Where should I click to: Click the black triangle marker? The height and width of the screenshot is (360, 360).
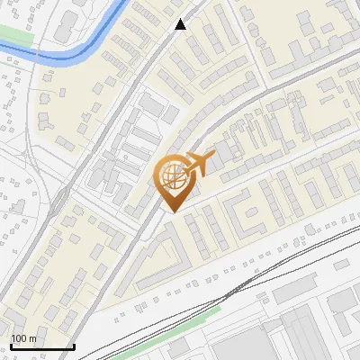[181, 24]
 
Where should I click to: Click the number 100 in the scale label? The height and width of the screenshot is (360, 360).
[19, 338]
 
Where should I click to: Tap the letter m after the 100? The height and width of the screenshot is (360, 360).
[31, 338]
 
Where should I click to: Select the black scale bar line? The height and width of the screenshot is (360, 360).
[41, 346]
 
